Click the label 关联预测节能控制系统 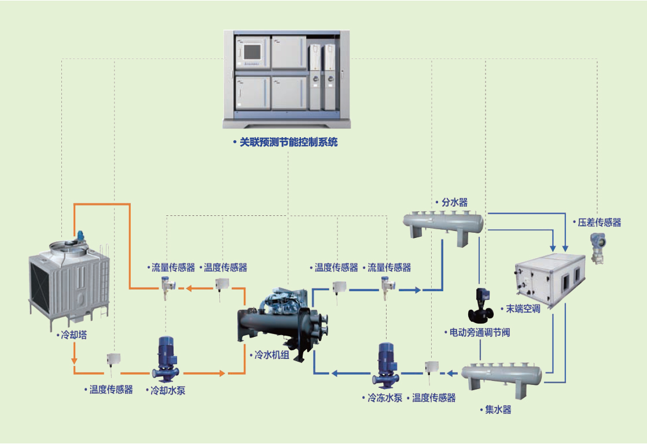pos(288,142)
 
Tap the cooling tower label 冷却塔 pos(74,335)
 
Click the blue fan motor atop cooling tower pos(82,236)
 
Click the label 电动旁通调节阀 pos(480,333)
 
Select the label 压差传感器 pos(599,223)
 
